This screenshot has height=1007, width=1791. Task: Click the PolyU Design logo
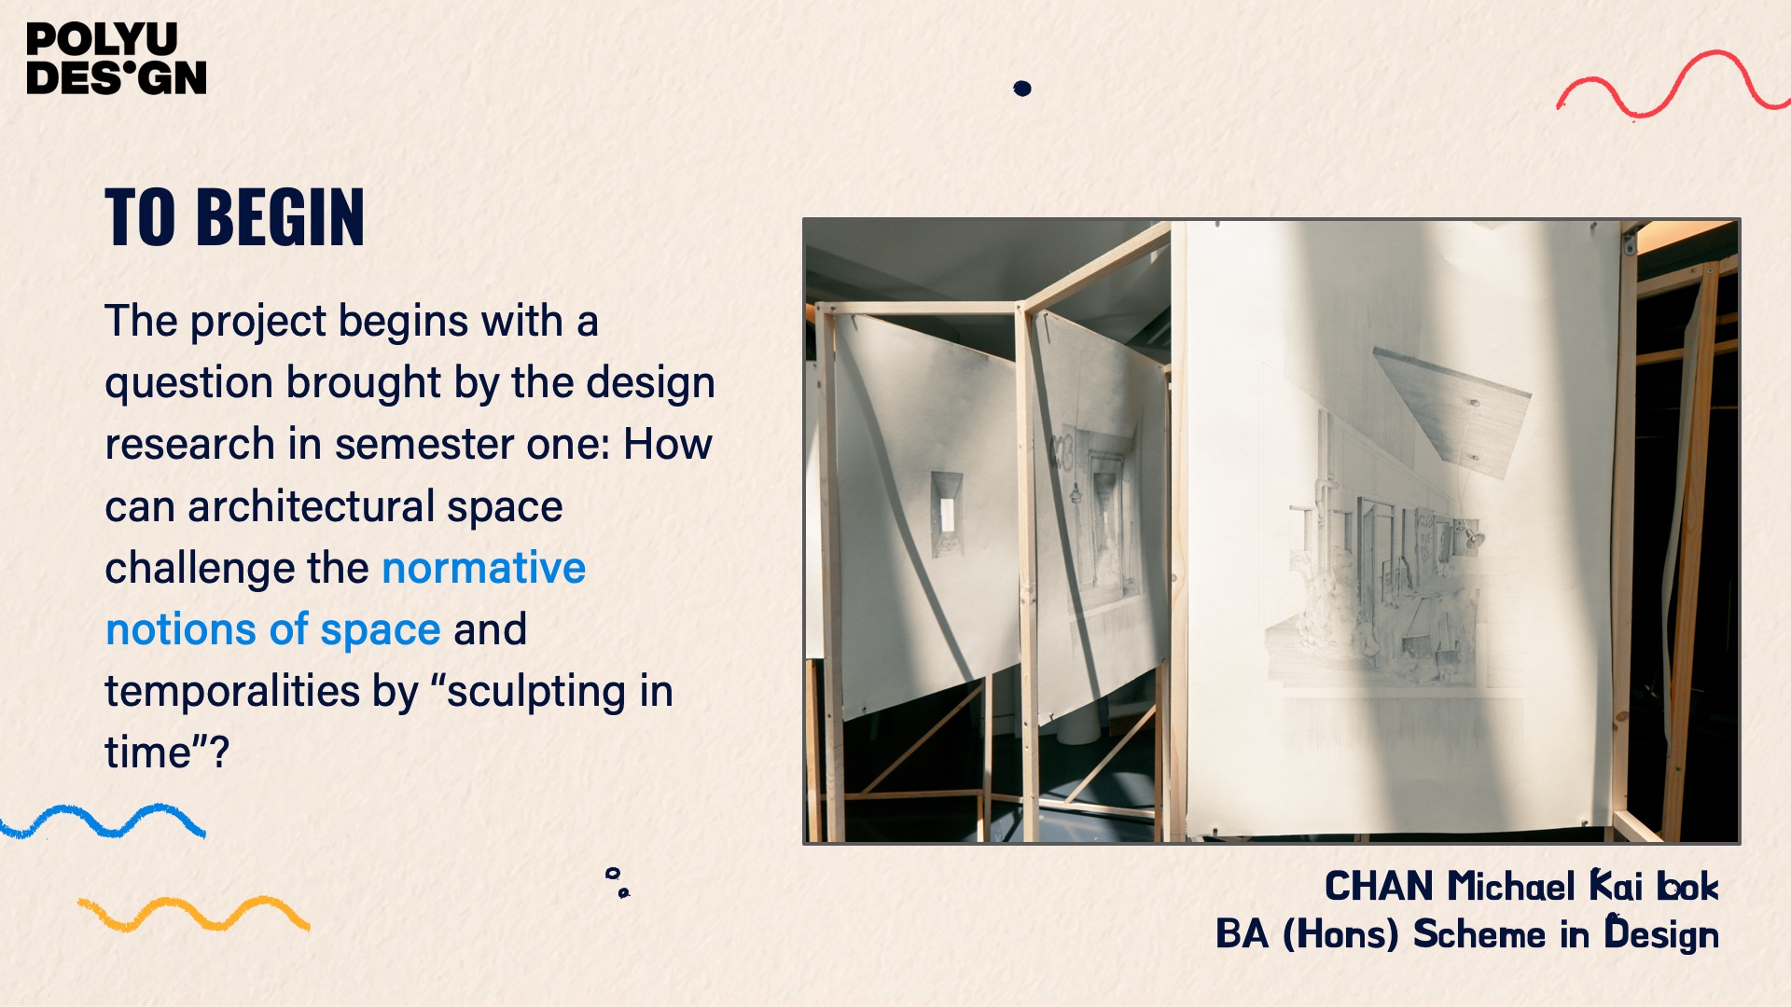pyautogui.click(x=117, y=59)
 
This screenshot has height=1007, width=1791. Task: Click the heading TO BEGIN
pyautogui.click(x=234, y=217)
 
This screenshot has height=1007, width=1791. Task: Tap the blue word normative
pyautogui.click(x=483, y=568)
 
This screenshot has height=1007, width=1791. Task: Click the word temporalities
pyautogui.click(x=232, y=692)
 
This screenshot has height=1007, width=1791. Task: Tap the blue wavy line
pyautogui.click(x=103, y=821)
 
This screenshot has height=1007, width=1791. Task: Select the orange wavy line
pyautogui.click(x=194, y=914)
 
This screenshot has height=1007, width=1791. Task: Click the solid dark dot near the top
pyautogui.click(x=1022, y=89)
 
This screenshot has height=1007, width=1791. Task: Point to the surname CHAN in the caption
pyautogui.click(x=1379, y=887)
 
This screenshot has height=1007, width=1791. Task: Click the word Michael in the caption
pyautogui.click(x=1511, y=887)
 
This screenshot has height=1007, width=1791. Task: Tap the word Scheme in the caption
pyautogui.click(x=1479, y=934)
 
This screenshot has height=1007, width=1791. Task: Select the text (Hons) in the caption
pyautogui.click(x=1340, y=934)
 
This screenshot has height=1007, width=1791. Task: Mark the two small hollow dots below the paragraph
pyautogui.click(x=618, y=882)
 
